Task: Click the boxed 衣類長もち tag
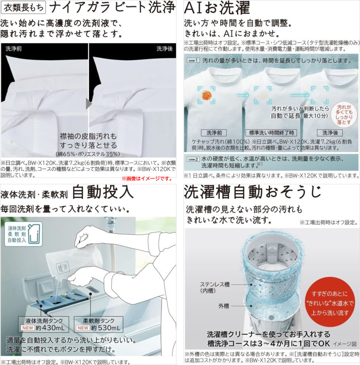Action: point(23,8)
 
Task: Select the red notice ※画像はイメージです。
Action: point(147,179)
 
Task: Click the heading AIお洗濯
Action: point(217,8)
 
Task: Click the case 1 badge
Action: point(193,61)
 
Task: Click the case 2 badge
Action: point(193,159)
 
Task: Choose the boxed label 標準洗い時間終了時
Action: point(271,133)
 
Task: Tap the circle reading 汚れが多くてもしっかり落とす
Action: point(344,115)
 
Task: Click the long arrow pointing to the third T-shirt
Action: point(299,95)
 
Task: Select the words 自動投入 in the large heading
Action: point(103,193)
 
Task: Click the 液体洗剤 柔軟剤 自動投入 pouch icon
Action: point(23,234)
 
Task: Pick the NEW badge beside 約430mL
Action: point(28,328)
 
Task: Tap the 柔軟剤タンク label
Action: point(98,321)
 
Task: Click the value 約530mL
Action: point(106,328)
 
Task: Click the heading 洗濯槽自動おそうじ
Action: point(253,192)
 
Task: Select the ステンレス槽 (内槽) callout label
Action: point(215,287)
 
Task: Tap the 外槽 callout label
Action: point(224,306)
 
